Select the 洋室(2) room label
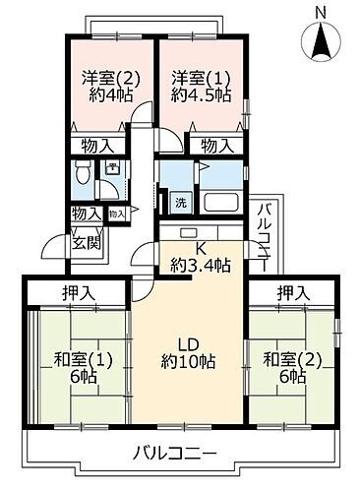tap(101, 78)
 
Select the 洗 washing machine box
tap(181, 203)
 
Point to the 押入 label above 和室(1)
tap(81, 292)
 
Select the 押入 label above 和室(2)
tap(292, 292)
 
